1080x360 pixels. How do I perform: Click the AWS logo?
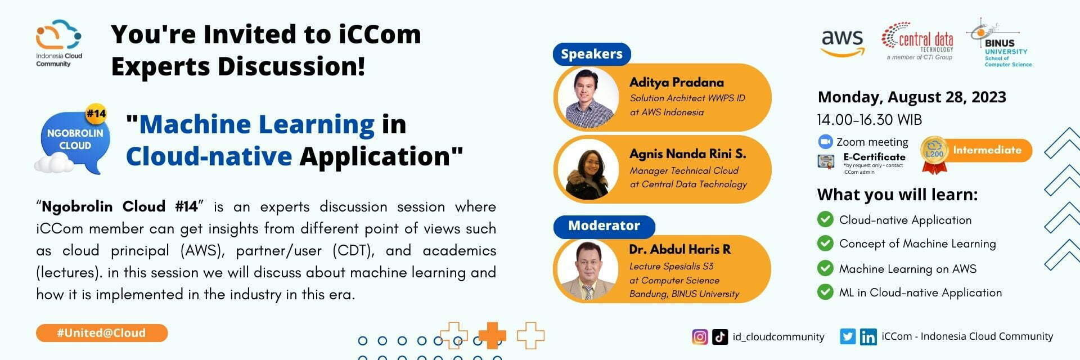point(842,42)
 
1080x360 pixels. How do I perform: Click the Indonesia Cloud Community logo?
point(59,43)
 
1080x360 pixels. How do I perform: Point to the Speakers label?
point(592,54)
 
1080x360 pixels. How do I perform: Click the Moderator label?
point(604,226)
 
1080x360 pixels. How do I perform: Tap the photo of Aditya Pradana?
point(588,98)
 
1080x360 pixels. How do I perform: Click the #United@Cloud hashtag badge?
point(102,333)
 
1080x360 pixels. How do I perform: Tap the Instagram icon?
point(700,337)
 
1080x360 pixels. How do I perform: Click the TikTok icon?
point(720,337)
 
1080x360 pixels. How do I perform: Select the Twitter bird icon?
point(848,337)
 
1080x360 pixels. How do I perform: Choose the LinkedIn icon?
point(868,337)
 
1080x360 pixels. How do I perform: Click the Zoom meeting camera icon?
point(825,141)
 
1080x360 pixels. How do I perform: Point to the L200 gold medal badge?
point(934,154)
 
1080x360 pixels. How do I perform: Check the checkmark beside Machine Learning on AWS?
point(825,268)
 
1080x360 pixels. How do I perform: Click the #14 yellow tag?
point(96,114)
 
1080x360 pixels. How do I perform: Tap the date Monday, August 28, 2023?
point(911,97)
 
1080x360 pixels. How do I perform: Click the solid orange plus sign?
point(492,335)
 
